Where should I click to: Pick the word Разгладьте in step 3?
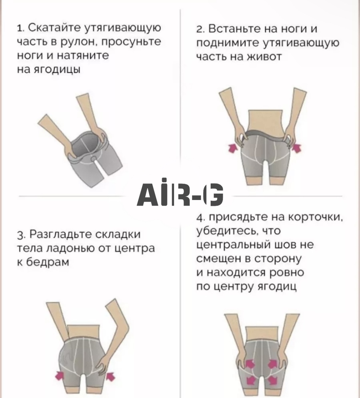tap(60, 234)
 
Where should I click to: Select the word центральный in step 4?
tap(233, 245)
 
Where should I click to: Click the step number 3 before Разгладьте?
tap(21, 235)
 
